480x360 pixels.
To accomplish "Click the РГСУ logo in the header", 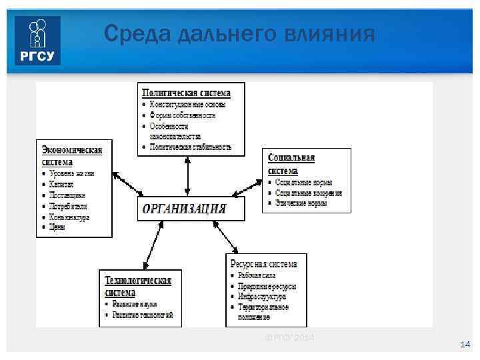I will [38, 41].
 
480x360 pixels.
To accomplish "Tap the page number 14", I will [465, 344].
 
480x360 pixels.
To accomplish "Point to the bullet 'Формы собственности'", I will [182, 115].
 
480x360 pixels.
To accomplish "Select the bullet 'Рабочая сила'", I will [257, 275].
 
